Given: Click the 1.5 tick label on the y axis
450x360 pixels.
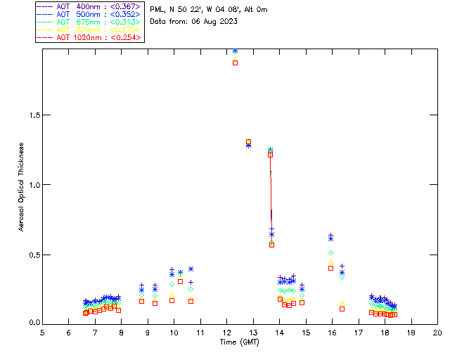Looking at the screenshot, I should click(x=33, y=115).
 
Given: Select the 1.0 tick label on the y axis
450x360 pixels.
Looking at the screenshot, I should click(x=33, y=185).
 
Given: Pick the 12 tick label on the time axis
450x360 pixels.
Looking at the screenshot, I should click(x=226, y=332).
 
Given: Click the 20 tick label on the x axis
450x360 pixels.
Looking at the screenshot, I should click(x=437, y=332).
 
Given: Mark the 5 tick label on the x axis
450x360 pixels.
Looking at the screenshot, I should click(x=42, y=332).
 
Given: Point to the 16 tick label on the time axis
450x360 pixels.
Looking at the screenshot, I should click(x=332, y=332).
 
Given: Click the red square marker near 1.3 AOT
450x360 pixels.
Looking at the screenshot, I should click(x=249, y=142).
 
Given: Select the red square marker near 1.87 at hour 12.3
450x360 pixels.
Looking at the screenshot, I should click(x=235, y=63).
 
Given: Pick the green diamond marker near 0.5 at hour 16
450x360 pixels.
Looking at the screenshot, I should click(x=330, y=252).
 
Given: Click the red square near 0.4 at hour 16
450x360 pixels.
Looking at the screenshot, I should click(x=330, y=268).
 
